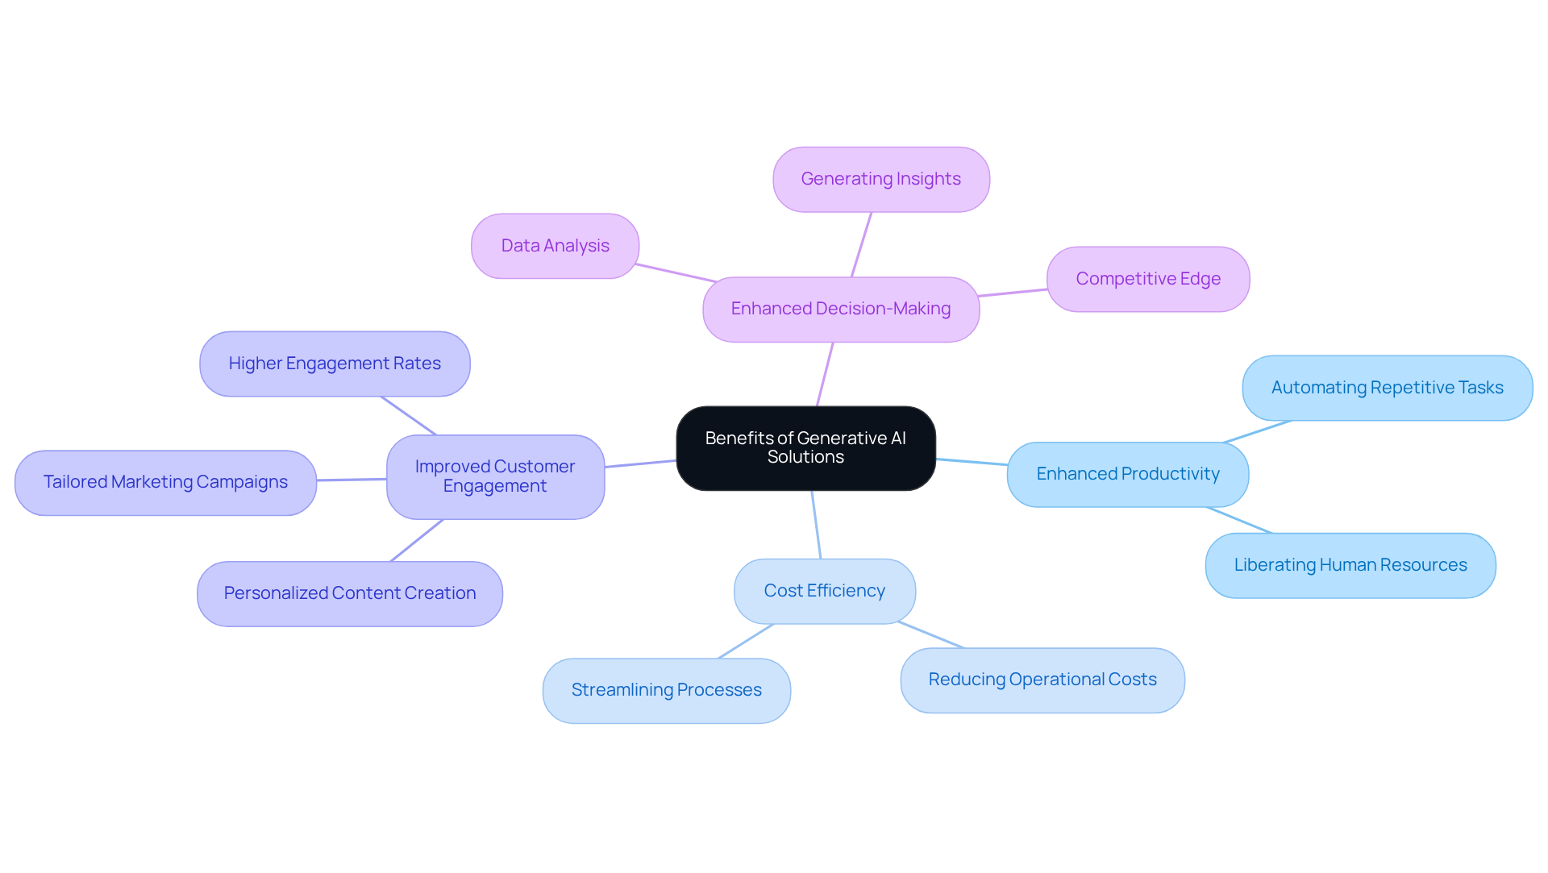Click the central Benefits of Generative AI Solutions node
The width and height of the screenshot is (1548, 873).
point(805,448)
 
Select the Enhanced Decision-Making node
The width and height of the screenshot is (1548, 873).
point(841,310)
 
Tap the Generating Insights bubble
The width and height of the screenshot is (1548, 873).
point(880,179)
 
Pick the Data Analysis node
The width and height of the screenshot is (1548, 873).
point(555,246)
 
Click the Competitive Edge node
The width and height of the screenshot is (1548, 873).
point(1148,279)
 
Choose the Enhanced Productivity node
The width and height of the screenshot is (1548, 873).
point(1128,474)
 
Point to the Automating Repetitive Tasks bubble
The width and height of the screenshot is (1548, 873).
point(1387,388)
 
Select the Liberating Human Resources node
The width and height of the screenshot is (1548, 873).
point(1350,565)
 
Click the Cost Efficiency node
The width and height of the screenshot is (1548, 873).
point(824,591)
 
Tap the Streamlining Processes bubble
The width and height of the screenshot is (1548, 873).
point(666,690)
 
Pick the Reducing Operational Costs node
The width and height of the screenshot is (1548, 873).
point(1042,680)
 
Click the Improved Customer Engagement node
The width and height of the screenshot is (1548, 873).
point(495,476)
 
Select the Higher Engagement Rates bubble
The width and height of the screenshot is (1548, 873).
point(335,364)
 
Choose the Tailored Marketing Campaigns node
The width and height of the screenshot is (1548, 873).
point(165,482)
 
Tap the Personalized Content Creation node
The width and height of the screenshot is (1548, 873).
point(350,593)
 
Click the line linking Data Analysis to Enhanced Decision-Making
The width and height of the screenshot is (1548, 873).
point(676,272)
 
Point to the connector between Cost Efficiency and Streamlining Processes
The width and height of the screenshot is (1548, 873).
point(746,641)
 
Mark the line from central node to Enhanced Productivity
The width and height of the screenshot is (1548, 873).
point(972,462)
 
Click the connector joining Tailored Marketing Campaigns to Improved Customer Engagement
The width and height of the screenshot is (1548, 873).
point(352,480)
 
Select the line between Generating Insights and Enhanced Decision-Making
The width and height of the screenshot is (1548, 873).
point(861,245)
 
